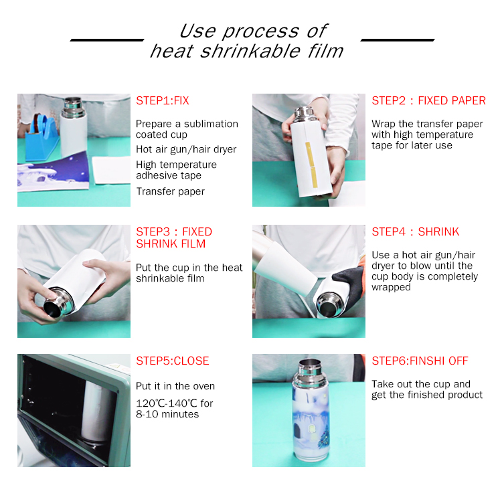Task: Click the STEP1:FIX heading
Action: pyautogui.click(x=163, y=101)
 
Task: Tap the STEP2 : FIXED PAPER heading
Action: pyautogui.click(x=428, y=101)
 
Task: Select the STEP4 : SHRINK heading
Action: pyautogui.click(x=415, y=231)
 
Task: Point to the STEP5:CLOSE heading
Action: pyautogui.click(x=172, y=361)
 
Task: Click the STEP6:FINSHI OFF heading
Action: pyautogui.click(x=420, y=361)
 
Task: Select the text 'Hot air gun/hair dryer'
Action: pyautogui.click(x=186, y=149)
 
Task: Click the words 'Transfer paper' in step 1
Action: pyautogui.click(x=170, y=191)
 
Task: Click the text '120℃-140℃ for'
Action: pyautogui.click(x=175, y=403)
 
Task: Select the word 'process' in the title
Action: pyautogui.click(x=260, y=31)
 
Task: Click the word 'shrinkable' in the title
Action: pyautogui.click(x=250, y=52)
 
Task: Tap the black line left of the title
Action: pyautogui.click(x=107, y=40)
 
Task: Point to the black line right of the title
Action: pyautogui.click(x=398, y=40)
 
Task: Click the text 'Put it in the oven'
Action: pyautogui.click(x=175, y=386)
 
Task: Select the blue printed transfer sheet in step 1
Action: pyautogui.click(x=53, y=173)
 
